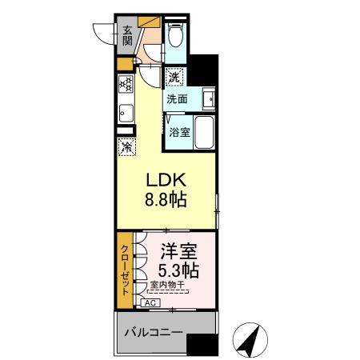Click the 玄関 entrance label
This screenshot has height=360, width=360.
coord(127,35)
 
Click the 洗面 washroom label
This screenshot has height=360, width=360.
coord(177,100)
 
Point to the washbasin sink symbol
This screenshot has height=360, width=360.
coord(207,99)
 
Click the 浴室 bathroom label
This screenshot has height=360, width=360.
coord(178,132)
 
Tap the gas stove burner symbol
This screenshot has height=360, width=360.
coord(125,84)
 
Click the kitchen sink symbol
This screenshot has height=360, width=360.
coord(125,111)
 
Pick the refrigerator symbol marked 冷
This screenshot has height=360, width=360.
coord(126,147)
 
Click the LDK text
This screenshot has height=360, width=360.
coord(167,180)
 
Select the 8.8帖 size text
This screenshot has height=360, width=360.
coord(167,200)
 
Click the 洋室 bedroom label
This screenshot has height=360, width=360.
coord(178,250)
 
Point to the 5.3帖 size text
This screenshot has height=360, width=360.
coord(178,270)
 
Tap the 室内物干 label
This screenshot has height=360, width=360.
coord(169,285)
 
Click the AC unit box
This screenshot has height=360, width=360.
coord(150,303)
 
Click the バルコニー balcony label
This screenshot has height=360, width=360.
coord(154,332)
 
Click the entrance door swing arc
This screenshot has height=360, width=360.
coord(103,34)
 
